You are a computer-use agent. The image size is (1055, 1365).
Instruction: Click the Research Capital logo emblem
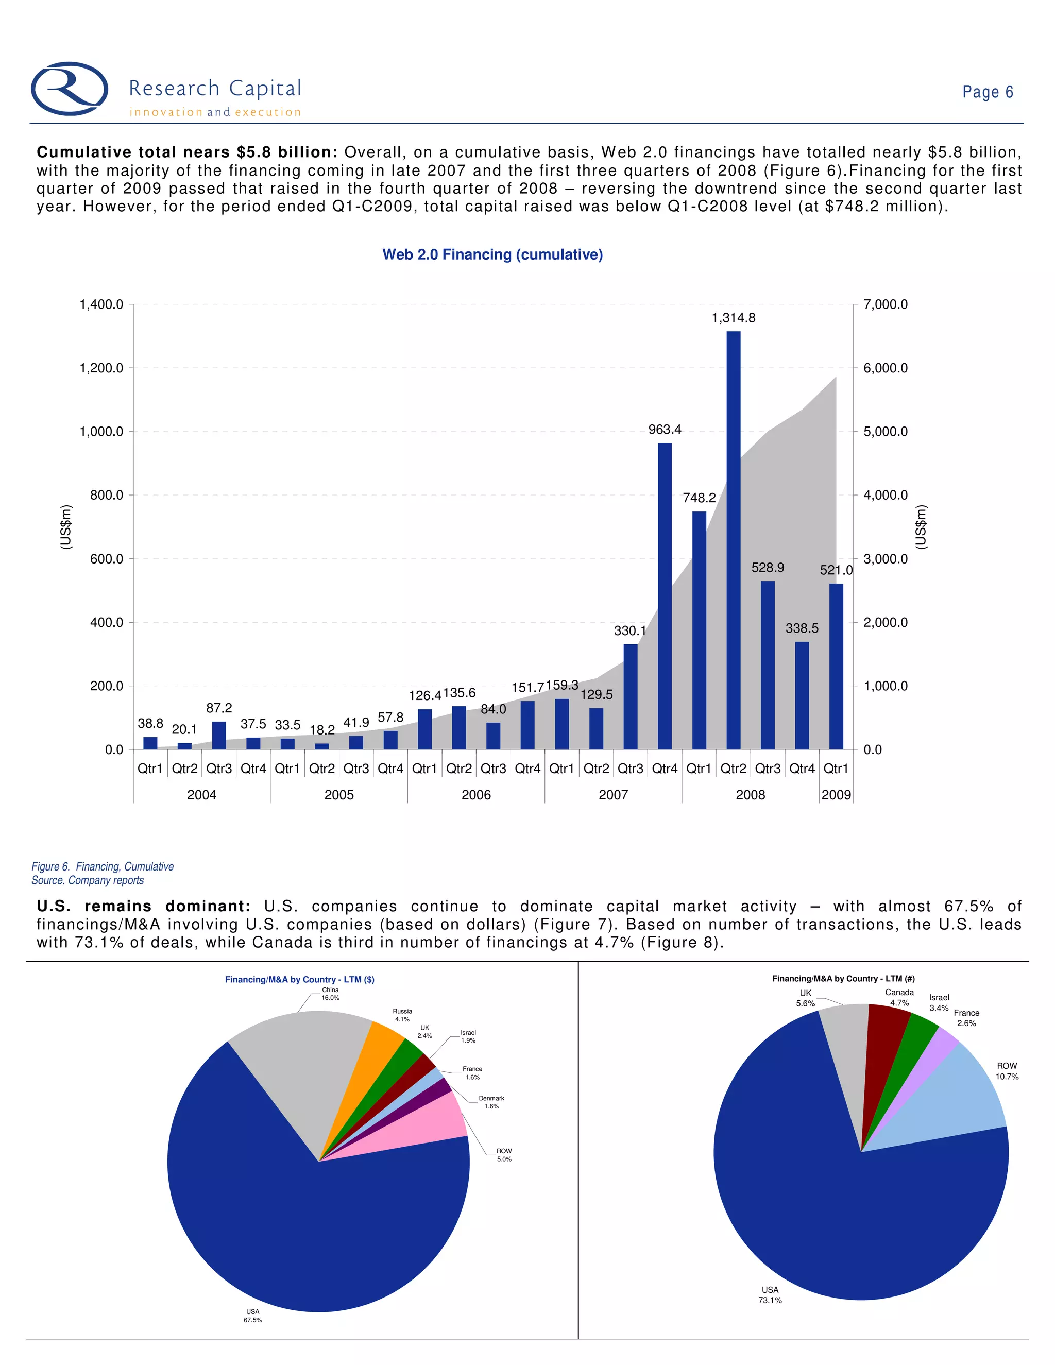tap(70, 89)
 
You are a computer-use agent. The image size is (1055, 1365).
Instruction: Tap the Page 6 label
tap(987, 92)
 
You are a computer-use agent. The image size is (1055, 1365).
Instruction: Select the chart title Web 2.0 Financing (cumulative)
tap(492, 254)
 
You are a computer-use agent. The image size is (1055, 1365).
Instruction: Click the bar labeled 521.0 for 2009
tap(836, 666)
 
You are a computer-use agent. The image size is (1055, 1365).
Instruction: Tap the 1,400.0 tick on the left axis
tap(101, 304)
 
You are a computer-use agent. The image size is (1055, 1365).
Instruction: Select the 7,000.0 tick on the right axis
tap(885, 304)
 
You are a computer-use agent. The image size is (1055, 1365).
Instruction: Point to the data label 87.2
tap(219, 708)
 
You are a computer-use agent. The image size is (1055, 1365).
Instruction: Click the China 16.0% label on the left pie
tap(330, 994)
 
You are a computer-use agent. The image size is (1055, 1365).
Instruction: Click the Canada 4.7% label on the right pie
tap(899, 998)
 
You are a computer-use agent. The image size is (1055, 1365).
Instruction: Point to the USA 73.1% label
tap(770, 1294)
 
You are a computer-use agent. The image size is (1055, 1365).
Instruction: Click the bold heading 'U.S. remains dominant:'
tap(143, 906)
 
